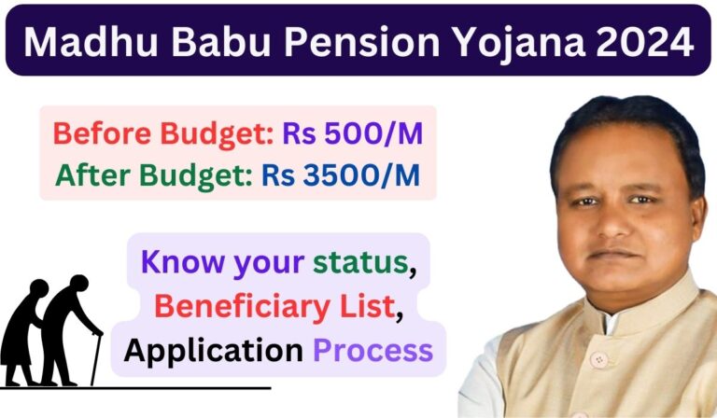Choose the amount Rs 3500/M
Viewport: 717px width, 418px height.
click(x=360, y=174)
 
